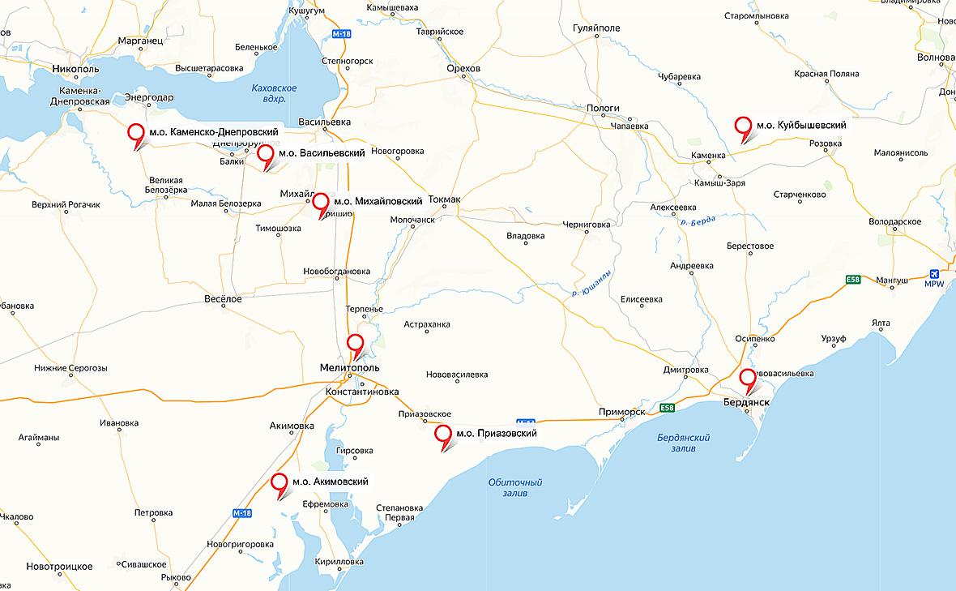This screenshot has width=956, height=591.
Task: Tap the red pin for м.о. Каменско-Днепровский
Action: (x=137, y=133)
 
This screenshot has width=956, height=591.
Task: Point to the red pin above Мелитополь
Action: (x=355, y=344)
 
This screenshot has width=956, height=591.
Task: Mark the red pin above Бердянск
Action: (x=748, y=379)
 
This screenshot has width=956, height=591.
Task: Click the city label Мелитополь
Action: (x=349, y=367)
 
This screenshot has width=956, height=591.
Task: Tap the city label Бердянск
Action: (x=746, y=402)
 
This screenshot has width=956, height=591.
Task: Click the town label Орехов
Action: (x=463, y=69)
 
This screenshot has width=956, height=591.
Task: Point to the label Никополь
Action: (x=75, y=69)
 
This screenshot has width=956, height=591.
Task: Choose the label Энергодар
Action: (x=149, y=98)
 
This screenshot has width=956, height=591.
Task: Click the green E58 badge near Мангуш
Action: (x=852, y=280)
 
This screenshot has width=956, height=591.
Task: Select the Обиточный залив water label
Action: (x=515, y=487)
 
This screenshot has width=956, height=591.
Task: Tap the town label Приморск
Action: (x=622, y=411)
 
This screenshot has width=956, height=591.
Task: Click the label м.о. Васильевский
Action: (x=321, y=152)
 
